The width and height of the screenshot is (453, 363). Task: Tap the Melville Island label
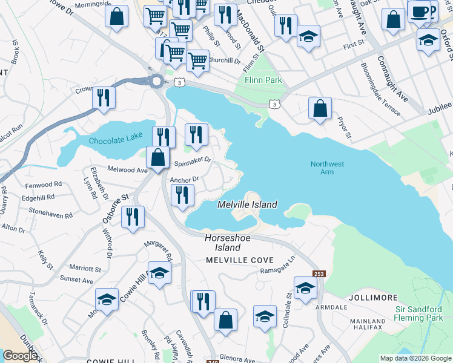click(x=248, y=204)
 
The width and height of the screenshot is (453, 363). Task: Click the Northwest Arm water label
click(x=327, y=168)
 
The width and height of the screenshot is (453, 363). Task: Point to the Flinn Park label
click(x=263, y=80)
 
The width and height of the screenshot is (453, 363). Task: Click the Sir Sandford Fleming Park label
click(x=418, y=313)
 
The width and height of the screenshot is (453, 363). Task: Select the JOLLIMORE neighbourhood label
click(x=372, y=298)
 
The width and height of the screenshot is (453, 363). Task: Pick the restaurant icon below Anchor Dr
click(x=182, y=195)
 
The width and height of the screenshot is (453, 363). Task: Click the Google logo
click(x=21, y=356)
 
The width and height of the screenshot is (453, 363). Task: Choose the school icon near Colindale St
click(x=305, y=287)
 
